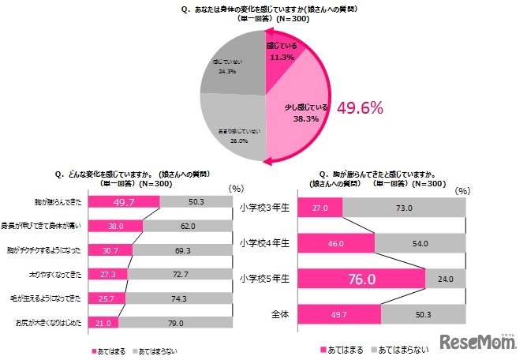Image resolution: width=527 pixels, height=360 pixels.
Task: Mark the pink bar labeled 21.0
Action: (x=103, y=323)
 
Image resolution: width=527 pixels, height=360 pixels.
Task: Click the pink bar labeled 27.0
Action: (x=320, y=208)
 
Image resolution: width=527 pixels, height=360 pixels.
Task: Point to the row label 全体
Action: (x=278, y=314)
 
